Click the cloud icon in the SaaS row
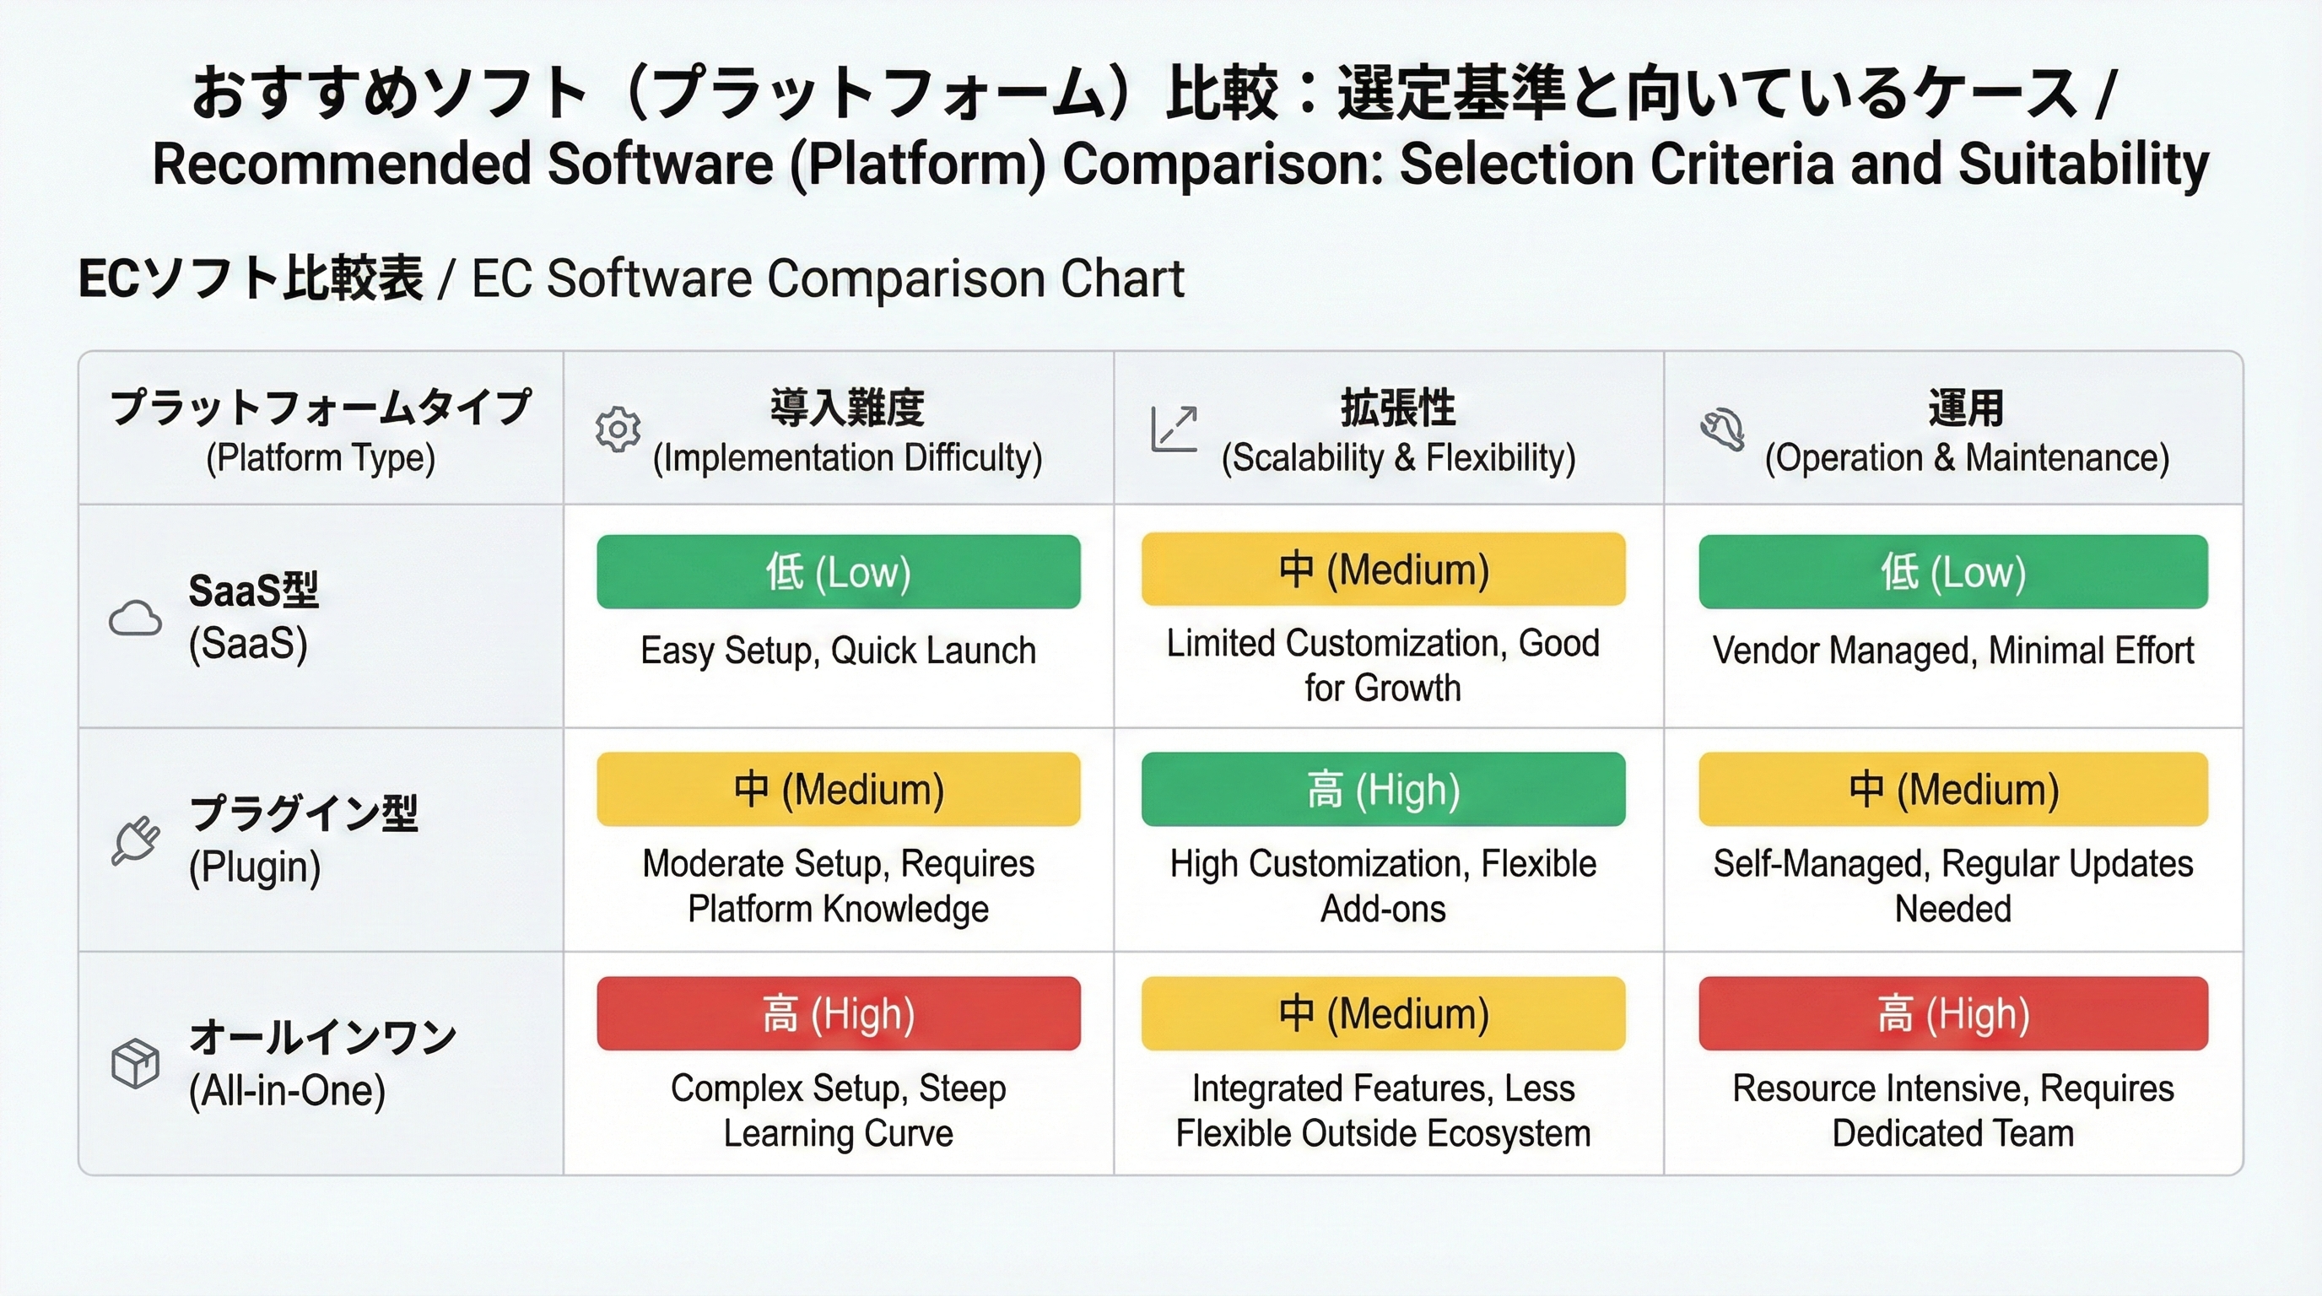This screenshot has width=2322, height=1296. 135,618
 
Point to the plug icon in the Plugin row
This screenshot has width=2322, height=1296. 136,841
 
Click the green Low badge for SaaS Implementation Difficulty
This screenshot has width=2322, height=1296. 839,571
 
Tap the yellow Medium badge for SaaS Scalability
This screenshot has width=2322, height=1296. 1383,570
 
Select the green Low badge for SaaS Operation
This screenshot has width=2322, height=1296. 1952,571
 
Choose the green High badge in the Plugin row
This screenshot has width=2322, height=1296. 1383,790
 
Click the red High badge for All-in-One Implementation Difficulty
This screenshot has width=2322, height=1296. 839,1013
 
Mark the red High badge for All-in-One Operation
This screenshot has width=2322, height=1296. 1952,1013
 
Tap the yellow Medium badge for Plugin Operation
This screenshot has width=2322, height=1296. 1952,790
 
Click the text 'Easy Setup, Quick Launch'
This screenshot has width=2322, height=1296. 839,651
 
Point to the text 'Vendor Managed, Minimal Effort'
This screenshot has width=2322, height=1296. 1952,651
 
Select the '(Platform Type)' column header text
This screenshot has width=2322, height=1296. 320,458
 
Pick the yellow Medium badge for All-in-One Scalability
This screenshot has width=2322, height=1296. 1383,1013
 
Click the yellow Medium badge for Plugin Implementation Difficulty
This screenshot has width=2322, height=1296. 839,790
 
